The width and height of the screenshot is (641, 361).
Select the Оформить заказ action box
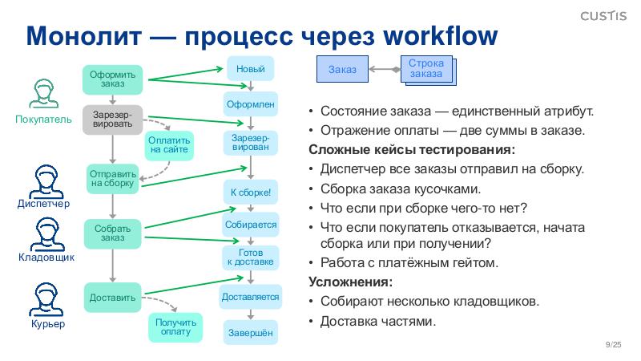(x=112, y=79)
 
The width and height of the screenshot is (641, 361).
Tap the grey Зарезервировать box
(x=112, y=120)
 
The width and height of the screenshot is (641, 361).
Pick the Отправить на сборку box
(x=112, y=177)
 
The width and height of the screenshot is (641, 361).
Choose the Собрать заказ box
(x=112, y=233)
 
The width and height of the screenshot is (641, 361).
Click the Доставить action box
(x=112, y=298)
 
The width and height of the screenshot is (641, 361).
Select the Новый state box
(x=250, y=69)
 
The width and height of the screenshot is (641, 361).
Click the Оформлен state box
(x=250, y=104)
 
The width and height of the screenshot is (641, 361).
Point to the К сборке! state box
(x=250, y=193)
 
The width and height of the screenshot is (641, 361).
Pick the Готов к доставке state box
(x=250, y=257)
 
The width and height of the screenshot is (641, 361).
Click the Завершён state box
(x=250, y=332)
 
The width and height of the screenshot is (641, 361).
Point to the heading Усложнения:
(x=351, y=282)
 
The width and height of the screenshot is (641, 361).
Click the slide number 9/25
(x=615, y=344)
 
